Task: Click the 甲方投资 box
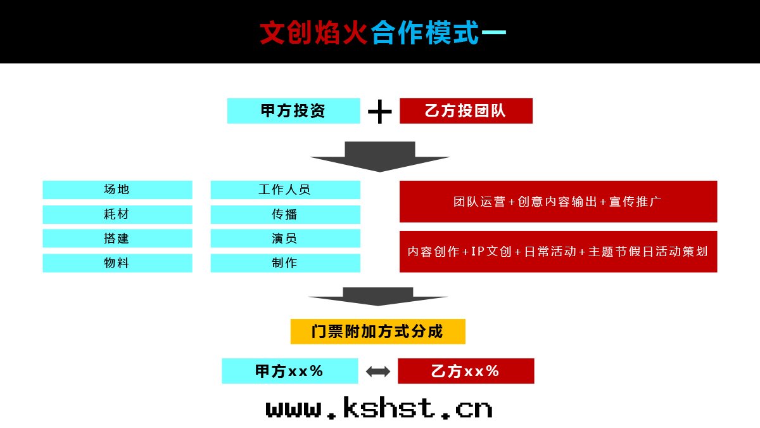(x=293, y=111)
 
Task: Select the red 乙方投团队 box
(x=466, y=111)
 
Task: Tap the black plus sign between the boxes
(x=379, y=112)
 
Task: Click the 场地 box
(x=117, y=190)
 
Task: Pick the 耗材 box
(x=117, y=214)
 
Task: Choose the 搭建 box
(x=117, y=238)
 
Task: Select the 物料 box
(x=117, y=263)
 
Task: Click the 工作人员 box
(x=286, y=190)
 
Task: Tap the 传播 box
(x=286, y=214)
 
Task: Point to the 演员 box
(x=286, y=238)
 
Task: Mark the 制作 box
(x=286, y=263)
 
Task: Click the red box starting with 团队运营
(x=558, y=202)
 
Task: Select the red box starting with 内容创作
(x=558, y=251)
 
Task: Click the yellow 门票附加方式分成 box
(x=378, y=332)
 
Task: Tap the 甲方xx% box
(x=290, y=371)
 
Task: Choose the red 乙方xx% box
(x=466, y=371)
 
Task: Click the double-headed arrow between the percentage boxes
(x=378, y=372)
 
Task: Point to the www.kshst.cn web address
(x=379, y=408)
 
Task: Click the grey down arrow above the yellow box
(x=378, y=297)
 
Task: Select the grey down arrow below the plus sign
(x=380, y=157)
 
